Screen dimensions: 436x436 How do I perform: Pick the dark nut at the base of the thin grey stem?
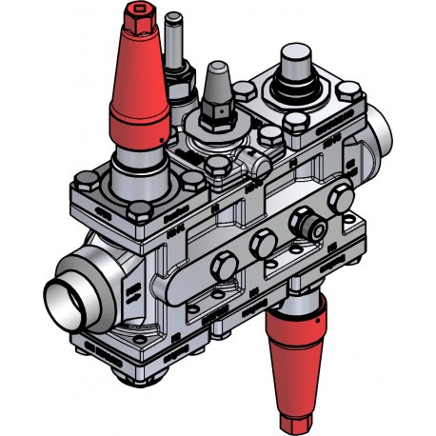(176, 80)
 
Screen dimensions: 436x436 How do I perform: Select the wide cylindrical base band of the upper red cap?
(144, 122)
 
